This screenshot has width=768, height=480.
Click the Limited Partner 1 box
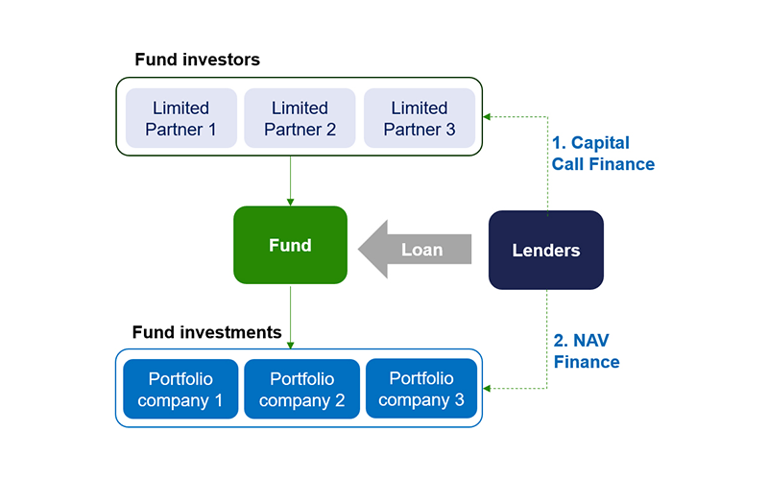pyautogui.click(x=181, y=118)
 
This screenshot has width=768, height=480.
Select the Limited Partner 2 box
pyautogui.click(x=300, y=118)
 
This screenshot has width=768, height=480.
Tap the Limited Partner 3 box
pyautogui.click(x=420, y=118)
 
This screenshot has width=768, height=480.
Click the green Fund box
pyautogui.click(x=291, y=245)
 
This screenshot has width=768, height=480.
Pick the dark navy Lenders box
pyautogui.click(x=546, y=251)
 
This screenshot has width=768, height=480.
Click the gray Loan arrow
pyautogui.click(x=415, y=250)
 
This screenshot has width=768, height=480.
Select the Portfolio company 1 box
pyautogui.click(x=180, y=389)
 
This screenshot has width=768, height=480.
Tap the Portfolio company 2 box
pyautogui.click(x=301, y=389)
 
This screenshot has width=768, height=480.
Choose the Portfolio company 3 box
pyautogui.click(x=421, y=389)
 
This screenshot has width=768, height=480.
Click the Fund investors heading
pyautogui.click(x=198, y=60)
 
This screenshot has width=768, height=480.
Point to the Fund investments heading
pyautogui.click(x=206, y=332)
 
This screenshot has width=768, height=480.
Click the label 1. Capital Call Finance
pyautogui.click(x=603, y=154)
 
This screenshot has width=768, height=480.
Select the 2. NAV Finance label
pyautogui.click(x=587, y=351)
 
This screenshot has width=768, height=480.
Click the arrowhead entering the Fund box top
pyautogui.click(x=291, y=203)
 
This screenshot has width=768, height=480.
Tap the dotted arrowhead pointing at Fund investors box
pyautogui.click(x=487, y=116)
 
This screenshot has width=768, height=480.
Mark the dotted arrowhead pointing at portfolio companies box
pyautogui.click(x=487, y=389)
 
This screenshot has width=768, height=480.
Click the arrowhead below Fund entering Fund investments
pyautogui.click(x=291, y=346)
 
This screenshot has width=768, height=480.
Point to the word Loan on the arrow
pyautogui.click(x=422, y=250)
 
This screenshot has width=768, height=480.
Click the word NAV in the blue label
pyautogui.click(x=591, y=341)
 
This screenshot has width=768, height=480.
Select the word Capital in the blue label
pyautogui.click(x=601, y=143)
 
